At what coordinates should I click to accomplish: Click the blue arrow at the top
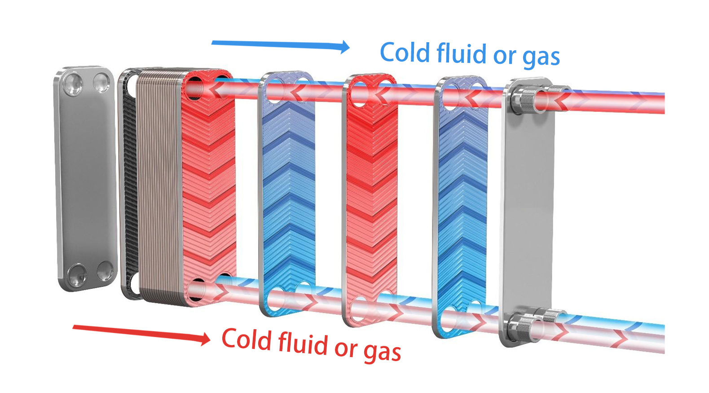[281, 45]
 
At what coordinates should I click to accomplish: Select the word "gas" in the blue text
[541, 58]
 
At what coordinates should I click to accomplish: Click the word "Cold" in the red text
[247, 340]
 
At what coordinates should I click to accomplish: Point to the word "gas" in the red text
[383, 352]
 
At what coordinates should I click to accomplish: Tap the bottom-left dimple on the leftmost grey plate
[77, 274]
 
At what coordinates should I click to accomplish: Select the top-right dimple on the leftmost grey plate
[101, 83]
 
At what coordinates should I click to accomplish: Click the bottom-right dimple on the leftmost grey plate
[106, 271]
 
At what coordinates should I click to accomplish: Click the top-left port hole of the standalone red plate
[360, 95]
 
